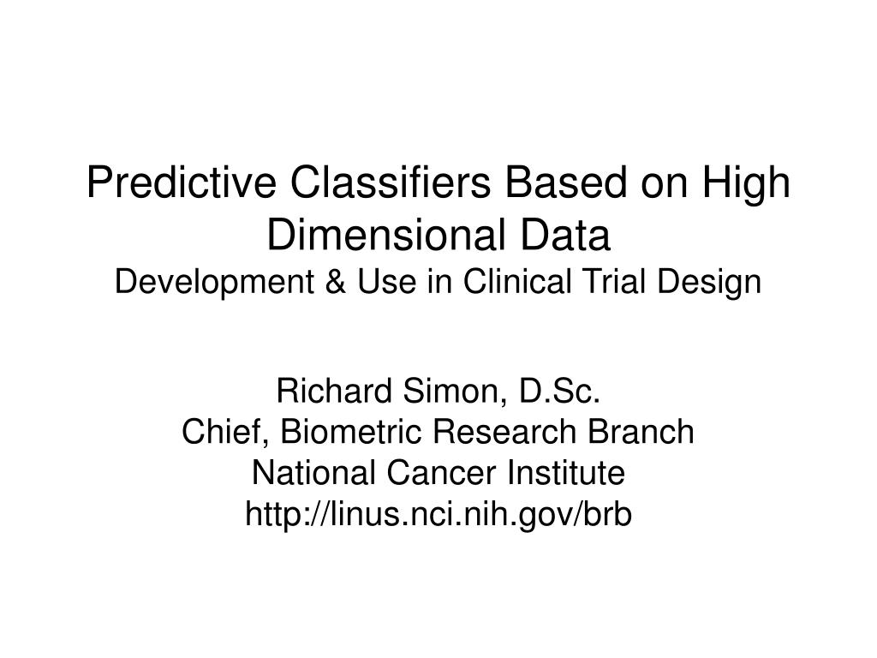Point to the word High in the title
coord(747,184)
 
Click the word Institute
coord(564,472)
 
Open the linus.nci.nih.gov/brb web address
coord(438,513)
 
